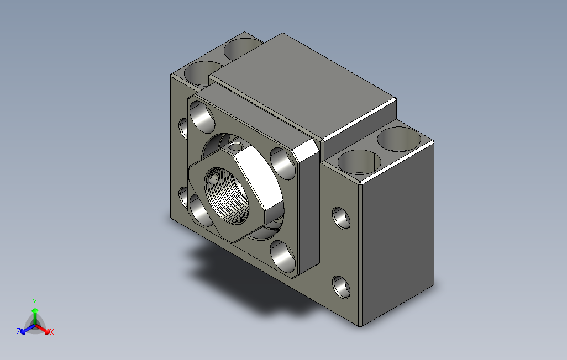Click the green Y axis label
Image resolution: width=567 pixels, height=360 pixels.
(35, 302)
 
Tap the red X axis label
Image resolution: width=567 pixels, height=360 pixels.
(52, 332)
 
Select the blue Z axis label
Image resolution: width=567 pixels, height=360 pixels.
(18, 331)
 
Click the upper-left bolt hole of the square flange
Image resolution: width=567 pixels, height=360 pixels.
(202, 117)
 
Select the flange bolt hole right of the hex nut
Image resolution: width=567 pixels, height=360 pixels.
(283, 163)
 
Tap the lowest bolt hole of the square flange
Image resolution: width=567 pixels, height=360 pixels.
(283, 257)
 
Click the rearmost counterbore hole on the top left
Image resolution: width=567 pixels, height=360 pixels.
(243, 49)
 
